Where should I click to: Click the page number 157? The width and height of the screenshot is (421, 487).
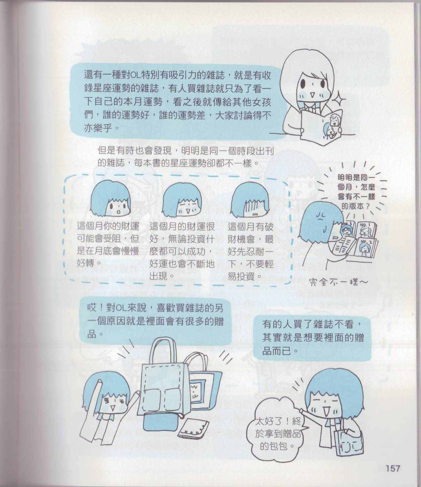(x=393, y=461)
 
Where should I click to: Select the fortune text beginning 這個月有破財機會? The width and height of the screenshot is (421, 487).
(x=251, y=252)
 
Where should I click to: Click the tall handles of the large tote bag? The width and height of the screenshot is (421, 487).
(x=165, y=349)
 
